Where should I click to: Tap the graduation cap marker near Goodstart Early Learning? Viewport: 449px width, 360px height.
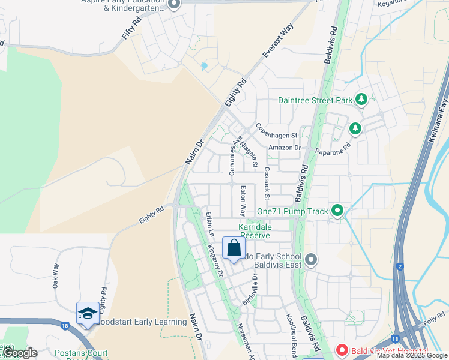coord(88,314)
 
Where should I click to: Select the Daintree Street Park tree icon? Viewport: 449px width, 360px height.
coord(361,100)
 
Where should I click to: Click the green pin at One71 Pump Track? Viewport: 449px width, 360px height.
coord(337,211)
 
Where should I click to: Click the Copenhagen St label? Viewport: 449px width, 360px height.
coord(277,131)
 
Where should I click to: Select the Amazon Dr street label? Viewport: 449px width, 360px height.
coord(285,148)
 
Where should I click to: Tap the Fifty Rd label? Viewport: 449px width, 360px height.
coord(131,28)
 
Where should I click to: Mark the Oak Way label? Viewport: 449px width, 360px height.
coord(56,275)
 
